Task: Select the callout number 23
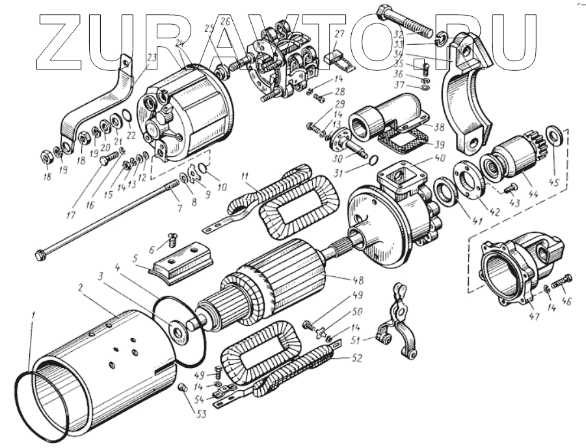pos(152,58)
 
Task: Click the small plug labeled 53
pos(183,388)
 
